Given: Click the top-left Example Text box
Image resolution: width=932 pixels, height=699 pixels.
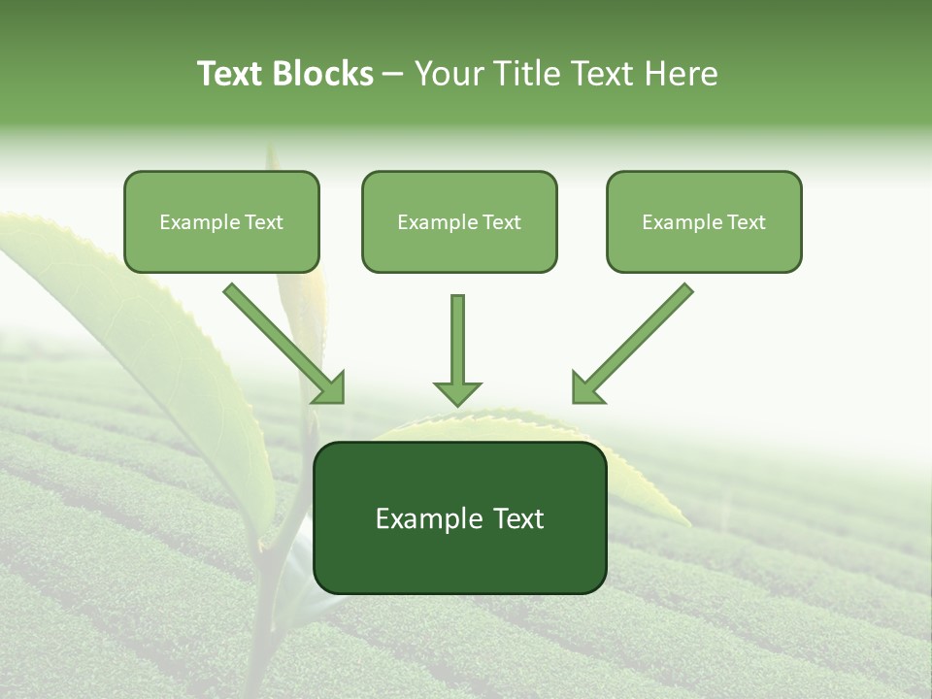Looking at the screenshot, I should (x=221, y=221).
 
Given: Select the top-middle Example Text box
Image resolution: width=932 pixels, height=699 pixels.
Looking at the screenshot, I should (x=459, y=221).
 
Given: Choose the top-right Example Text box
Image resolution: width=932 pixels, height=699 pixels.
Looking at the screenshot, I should (x=704, y=221).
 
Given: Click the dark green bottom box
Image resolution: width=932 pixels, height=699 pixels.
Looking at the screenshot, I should (x=459, y=517).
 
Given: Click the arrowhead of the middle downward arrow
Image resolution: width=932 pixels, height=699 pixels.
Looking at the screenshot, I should (x=457, y=392).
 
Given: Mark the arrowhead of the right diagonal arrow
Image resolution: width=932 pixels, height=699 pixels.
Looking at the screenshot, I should (x=584, y=390).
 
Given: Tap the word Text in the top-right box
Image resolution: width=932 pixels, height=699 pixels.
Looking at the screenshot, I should (x=746, y=222).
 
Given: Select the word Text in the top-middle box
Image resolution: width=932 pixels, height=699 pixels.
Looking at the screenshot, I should (x=501, y=222).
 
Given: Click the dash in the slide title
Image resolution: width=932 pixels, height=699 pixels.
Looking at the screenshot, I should (x=393, y=75).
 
